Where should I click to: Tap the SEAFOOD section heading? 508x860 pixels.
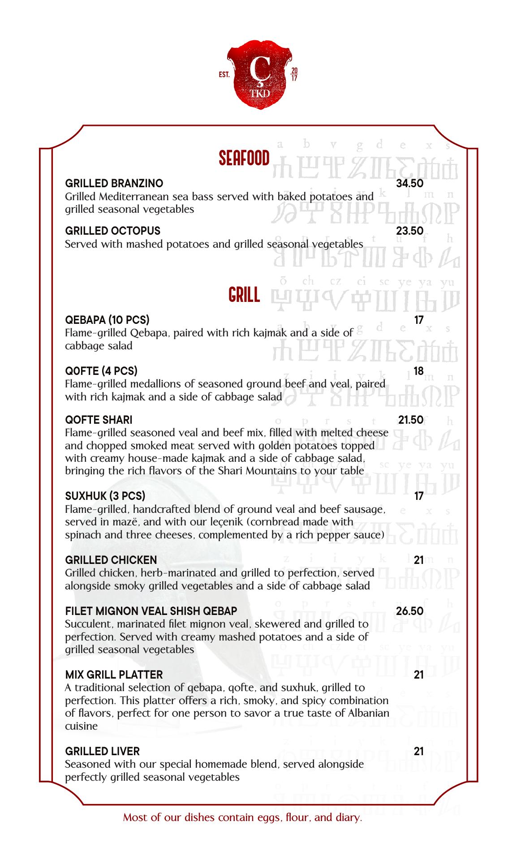coord(244,158)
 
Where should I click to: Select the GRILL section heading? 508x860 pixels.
coord(244,295)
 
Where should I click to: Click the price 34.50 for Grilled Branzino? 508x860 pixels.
coord(409,183)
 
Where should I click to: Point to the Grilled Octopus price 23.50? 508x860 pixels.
coord(409,231)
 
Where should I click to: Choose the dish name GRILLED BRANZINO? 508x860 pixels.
coord(114,183)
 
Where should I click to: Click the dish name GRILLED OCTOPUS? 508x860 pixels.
coord(113,231)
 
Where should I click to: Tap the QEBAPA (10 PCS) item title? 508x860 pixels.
coord(108,320)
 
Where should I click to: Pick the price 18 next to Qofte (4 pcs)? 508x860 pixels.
coord(418,371)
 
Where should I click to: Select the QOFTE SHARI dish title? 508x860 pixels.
coord(99,420)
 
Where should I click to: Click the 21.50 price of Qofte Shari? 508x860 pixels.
coord(411,420)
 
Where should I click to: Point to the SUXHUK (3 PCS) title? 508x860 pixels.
coord(105,496)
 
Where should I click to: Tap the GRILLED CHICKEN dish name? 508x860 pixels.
coord(111,560)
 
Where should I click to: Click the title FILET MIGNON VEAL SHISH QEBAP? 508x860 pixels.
coord(151,611)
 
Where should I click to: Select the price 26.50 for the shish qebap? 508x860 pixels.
coord(409,611)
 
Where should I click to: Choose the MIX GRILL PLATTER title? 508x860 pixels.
coord(114,675)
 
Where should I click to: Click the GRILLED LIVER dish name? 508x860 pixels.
coord(102,751)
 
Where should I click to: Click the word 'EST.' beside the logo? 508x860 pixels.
coord(224,75)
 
